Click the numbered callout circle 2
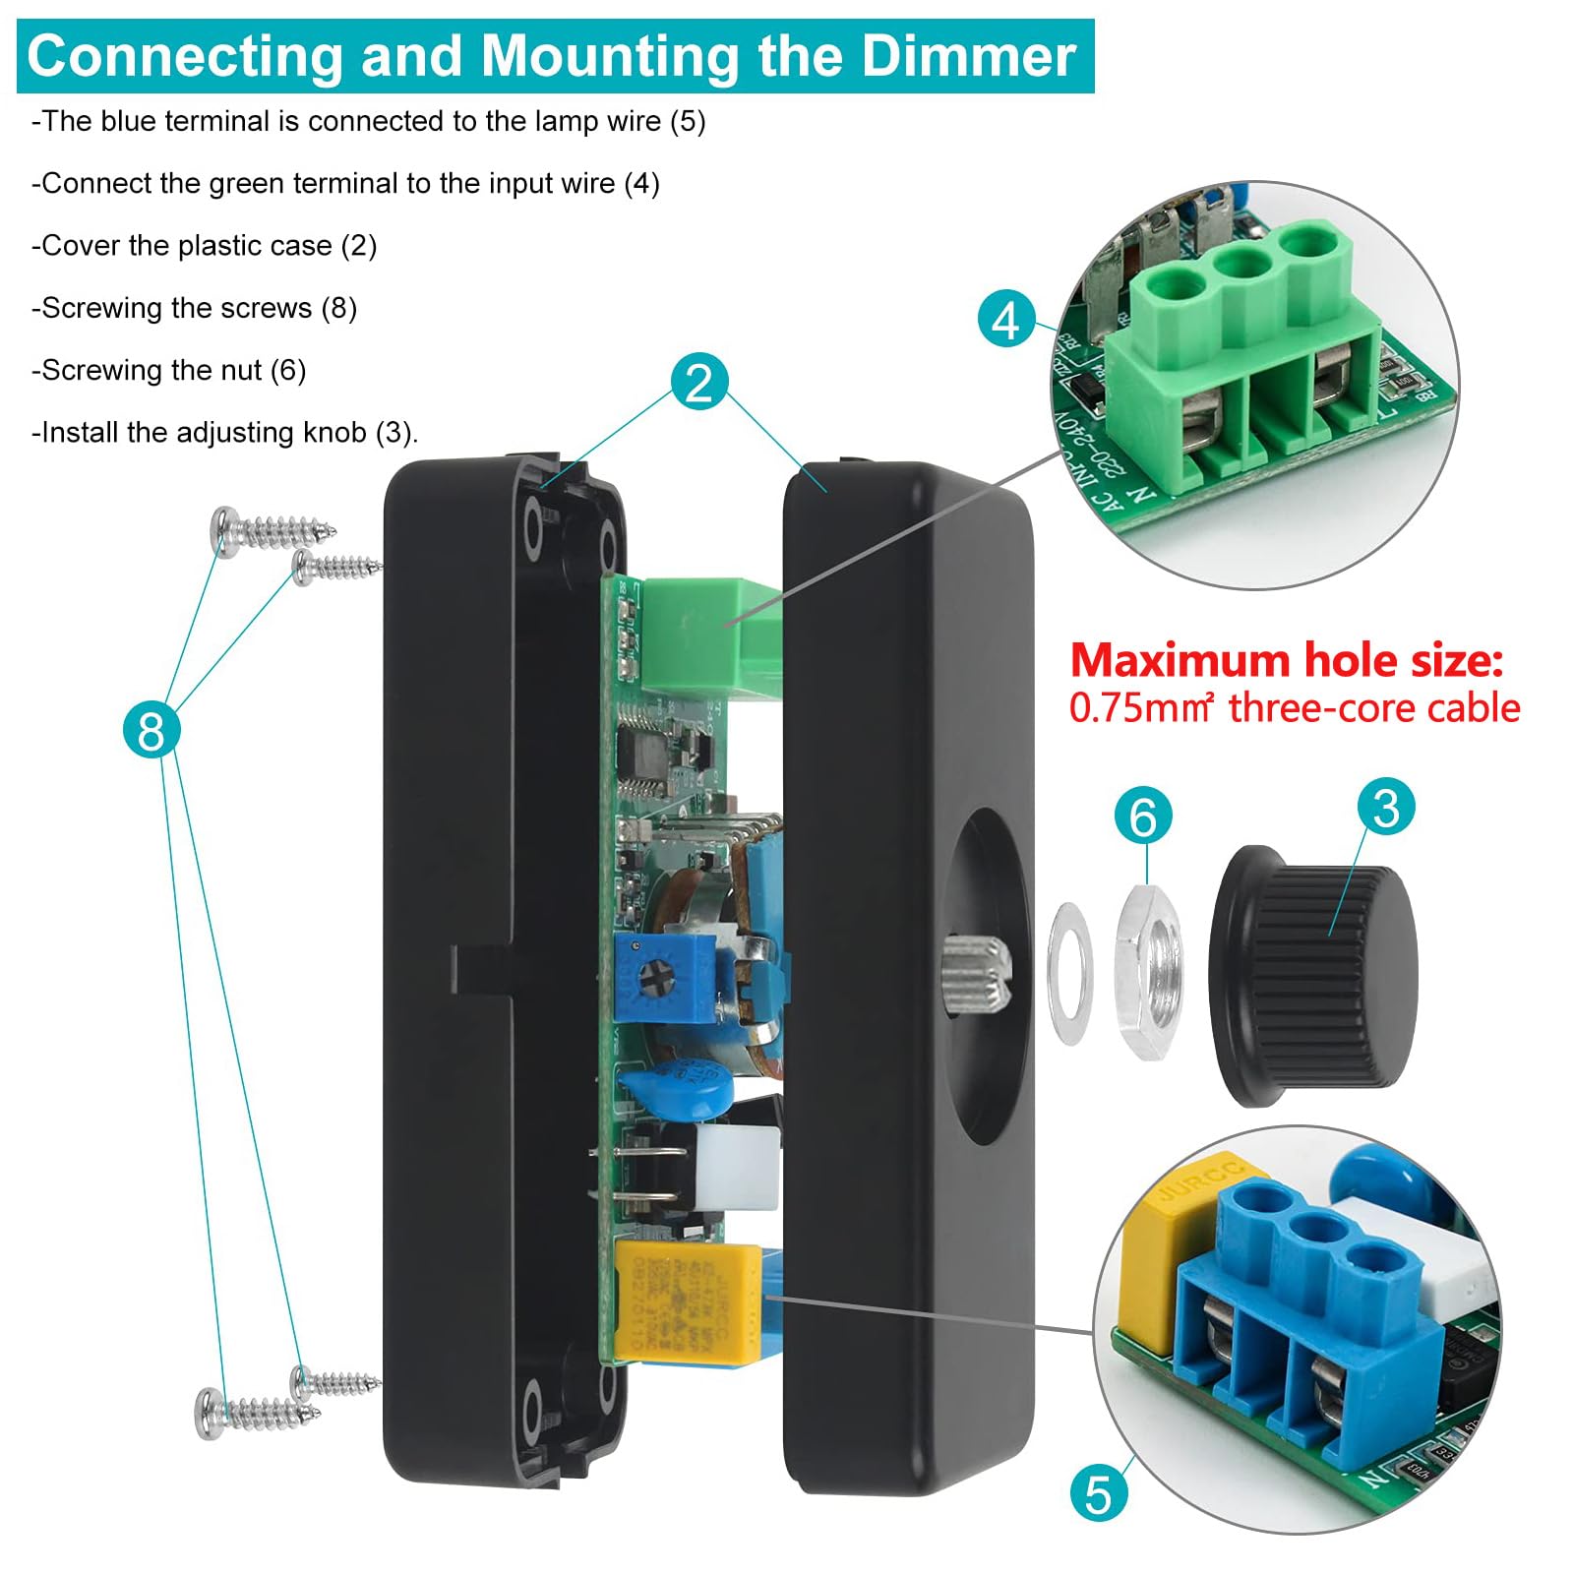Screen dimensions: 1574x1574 (x=699, y=382)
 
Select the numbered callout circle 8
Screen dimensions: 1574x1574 (x=151, y=729)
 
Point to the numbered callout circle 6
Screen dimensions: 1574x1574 (x=1142, y=816)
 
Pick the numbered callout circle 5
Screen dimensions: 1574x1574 (x=1098, y=1493)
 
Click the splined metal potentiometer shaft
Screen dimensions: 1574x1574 (x=976, y=974)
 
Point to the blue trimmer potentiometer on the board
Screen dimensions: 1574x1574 (x=663, y=977)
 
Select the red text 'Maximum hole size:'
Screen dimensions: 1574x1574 (x=1286, y=660)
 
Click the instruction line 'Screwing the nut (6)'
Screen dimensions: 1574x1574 (x=169, y=371)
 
